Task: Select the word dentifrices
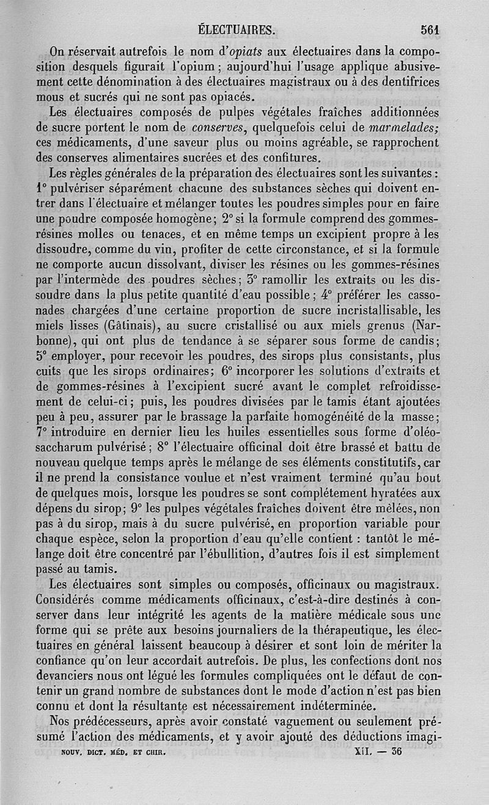(408, 80)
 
